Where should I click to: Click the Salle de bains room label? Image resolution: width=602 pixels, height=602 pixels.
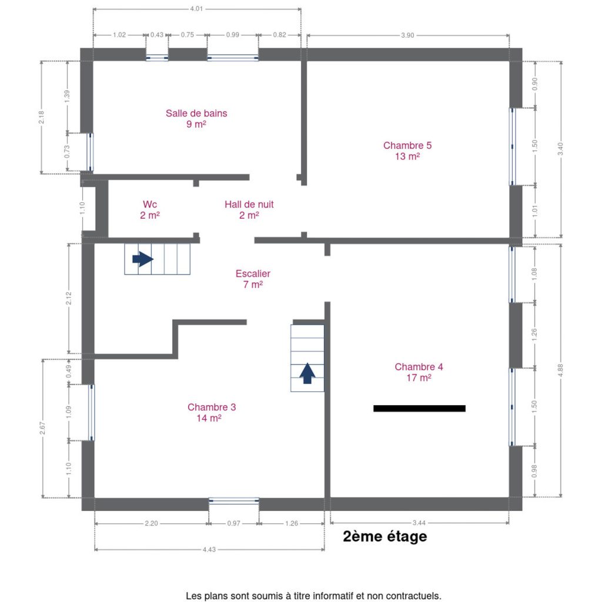coord(196,118)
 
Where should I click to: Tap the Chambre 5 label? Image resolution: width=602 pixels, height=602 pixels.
coord(407,150)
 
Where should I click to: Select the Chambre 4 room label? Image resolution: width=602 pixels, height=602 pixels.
coord(419,372)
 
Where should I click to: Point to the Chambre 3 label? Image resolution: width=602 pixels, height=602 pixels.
coord(212,412)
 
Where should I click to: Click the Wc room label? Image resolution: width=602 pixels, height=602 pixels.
coord(150,210)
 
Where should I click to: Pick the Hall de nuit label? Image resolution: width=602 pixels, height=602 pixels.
coord(249,210)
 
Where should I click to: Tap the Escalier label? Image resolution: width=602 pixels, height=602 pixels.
coord(253,279)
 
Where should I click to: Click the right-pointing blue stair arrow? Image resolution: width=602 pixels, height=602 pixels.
coord(143,259)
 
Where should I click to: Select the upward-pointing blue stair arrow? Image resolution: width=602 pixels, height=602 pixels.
coord(307,373)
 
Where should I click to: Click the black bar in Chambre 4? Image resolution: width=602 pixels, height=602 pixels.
coord(419,409)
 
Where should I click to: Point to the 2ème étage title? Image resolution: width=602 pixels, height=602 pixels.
coord(384,536)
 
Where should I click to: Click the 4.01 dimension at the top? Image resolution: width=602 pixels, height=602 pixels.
coord(196,8)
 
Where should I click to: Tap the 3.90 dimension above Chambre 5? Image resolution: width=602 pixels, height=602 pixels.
coord(407,35)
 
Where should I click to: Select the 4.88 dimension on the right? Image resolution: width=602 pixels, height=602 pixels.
coord(560,370)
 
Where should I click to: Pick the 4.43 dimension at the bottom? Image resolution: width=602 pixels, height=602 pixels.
coord(209,550)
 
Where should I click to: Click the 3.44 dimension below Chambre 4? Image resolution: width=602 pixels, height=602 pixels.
coord(419,523)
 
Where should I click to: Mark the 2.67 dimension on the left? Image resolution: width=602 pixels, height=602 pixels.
coord(42,428)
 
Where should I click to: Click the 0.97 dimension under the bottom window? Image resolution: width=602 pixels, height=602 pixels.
coord(233,523)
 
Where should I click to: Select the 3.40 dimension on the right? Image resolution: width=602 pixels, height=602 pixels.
coord(560,149)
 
